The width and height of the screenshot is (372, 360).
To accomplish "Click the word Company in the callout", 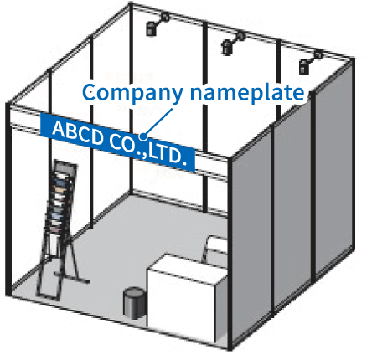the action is pyautogui.click(x=132, y=93).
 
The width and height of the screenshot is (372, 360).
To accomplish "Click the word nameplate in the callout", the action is pyautogui.click(x=247, y=92).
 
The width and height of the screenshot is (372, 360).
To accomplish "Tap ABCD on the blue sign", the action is pyautogui.click(x=78, y=132).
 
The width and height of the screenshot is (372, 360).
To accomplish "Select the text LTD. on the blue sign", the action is pyautogui.click(x=167, y=156).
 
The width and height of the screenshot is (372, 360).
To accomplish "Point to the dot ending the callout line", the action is pyautogui.click(x=143, y=136).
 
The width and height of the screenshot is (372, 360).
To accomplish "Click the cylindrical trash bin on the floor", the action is pyautogui.click(x=134, y=303).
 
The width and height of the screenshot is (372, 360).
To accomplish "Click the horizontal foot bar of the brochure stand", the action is pyautogui.click(x=72, y=278).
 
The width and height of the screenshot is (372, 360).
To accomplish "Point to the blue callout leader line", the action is pyautogui.click(x=158, y=122).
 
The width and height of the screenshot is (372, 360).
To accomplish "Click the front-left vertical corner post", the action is pyautogui.click(x=8, y=199).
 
